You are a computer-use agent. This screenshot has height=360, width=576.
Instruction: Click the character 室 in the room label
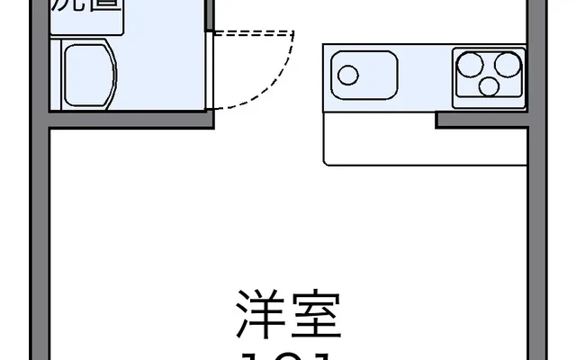coord(312,311)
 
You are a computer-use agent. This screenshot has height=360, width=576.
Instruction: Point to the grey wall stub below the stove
coord(481,120)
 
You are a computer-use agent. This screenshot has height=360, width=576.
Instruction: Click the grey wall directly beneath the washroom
coord(126,119)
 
